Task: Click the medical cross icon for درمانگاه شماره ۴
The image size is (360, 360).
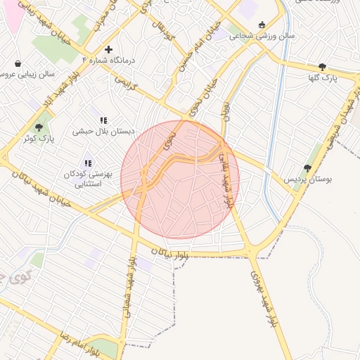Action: [x=108, y=49]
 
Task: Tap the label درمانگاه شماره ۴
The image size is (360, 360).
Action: [x=108, y=60]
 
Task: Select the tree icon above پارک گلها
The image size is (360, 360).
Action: [x=322, y=67]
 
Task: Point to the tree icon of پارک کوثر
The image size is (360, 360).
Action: [x=39, y=127]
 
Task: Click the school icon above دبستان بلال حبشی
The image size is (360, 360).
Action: [x=103, y=120]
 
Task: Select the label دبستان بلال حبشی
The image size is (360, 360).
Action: [x=103, y=131]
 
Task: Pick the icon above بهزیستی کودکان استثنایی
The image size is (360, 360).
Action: [x=88, y=163]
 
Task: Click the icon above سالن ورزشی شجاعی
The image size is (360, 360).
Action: [x=262, y=25]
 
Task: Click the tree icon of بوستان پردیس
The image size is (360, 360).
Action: [x=307, y=168]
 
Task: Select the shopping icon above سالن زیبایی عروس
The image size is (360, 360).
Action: [x=18, y=63]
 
